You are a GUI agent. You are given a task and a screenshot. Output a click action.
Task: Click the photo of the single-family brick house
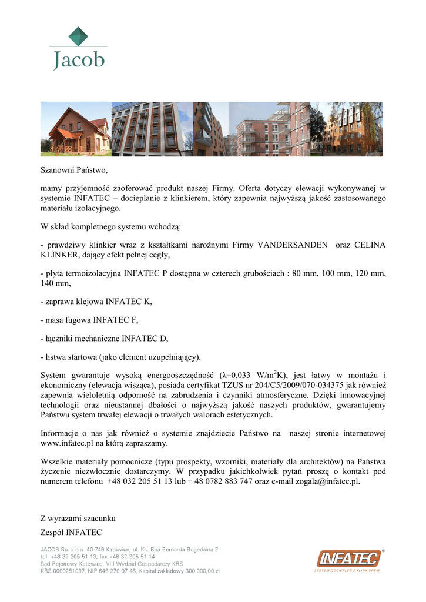75,129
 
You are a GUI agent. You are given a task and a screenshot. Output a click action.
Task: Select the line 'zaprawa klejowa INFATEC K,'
96,302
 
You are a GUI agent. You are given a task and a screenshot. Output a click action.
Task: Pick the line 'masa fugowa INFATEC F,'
89,320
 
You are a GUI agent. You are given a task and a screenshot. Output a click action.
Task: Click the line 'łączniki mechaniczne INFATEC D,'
104,338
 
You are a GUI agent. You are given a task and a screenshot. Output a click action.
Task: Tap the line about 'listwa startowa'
120,356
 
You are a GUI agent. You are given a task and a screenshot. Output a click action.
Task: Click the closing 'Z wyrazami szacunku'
78,519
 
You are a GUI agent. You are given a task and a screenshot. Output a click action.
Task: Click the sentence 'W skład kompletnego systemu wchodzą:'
110,226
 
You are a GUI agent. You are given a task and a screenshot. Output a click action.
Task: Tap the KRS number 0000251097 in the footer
69,570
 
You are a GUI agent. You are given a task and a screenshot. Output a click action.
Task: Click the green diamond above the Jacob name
78,36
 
